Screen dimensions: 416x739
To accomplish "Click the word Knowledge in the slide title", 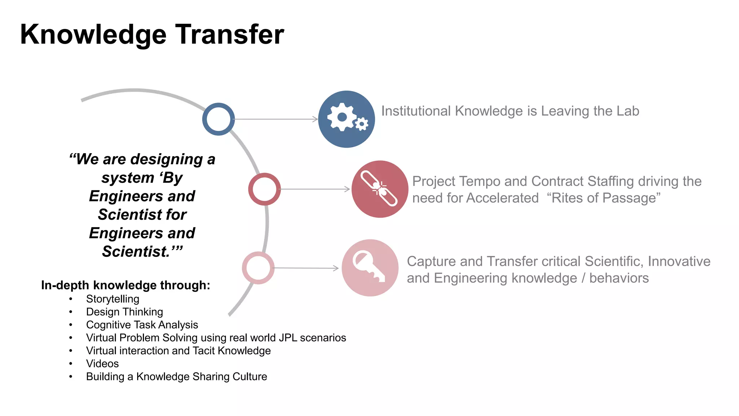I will [93, 35].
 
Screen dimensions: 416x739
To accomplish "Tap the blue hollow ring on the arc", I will [218, 119].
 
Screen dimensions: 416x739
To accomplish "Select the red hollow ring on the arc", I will [264, 189].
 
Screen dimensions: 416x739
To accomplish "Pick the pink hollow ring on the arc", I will [258, 268].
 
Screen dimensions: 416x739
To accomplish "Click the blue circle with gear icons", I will [346, 119].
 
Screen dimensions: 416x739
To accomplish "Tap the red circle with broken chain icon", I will [380, 189].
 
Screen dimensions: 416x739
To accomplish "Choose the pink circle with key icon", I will [370, 268].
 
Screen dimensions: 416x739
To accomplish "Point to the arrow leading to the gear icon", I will [276, 119].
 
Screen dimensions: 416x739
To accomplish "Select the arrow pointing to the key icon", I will [306, 268].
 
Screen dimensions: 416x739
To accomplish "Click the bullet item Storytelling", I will [113, 299].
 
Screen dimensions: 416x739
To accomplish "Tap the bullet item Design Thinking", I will [124, 312].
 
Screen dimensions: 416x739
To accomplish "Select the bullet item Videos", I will [102, 364].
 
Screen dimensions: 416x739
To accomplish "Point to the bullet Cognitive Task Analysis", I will [142, 325].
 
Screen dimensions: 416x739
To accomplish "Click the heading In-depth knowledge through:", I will [126, 285].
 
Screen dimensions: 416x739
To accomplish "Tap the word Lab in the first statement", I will [628, 111].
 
